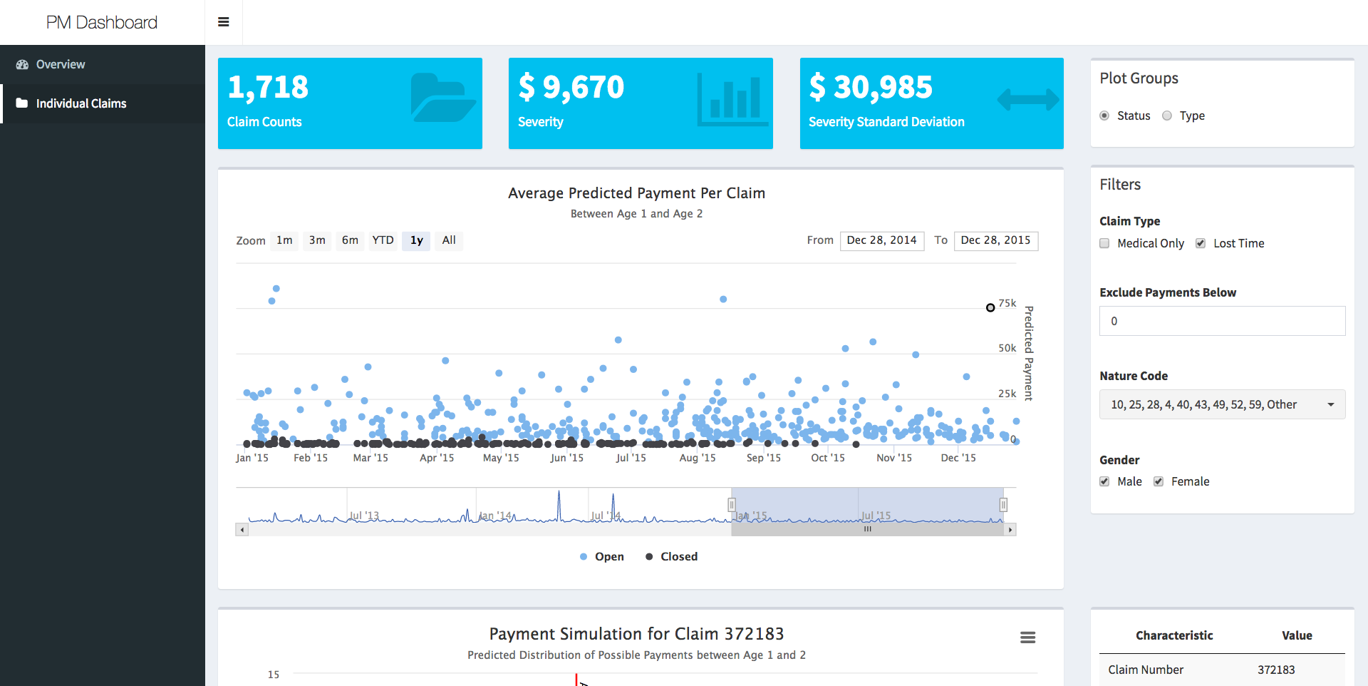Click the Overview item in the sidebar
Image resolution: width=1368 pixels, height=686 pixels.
point(61,65)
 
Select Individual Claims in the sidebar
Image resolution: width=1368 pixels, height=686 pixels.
point(81,104)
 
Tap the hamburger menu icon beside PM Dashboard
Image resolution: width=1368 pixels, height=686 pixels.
point(224,22)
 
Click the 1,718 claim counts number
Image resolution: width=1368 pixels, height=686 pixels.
point(268,88)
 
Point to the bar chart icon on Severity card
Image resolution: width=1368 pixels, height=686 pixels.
point(732,100)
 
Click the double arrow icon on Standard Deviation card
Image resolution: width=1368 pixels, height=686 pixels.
point(1027,100)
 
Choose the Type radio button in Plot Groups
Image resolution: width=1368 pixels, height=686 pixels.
point(1167,116)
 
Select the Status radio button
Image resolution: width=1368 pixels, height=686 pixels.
point(1104,116)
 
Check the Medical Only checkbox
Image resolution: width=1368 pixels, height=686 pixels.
point(1104,244)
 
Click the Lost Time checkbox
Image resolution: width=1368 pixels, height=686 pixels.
point(1201,244)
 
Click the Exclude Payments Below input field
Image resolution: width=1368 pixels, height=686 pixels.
point(1222,322)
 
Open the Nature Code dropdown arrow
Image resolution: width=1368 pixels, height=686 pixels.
point(1330,405)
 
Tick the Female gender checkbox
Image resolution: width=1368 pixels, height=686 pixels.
point(1159,482)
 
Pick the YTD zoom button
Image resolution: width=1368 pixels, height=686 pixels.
point(383,240)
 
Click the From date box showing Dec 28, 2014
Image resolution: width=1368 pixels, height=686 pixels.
point(881,240)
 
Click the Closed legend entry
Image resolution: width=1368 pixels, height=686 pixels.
point(672,557)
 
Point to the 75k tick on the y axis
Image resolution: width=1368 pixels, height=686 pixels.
point(1007,304)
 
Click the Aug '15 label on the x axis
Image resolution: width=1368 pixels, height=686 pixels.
point(698,458)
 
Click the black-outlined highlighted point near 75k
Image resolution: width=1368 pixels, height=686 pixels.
point(990,308)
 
